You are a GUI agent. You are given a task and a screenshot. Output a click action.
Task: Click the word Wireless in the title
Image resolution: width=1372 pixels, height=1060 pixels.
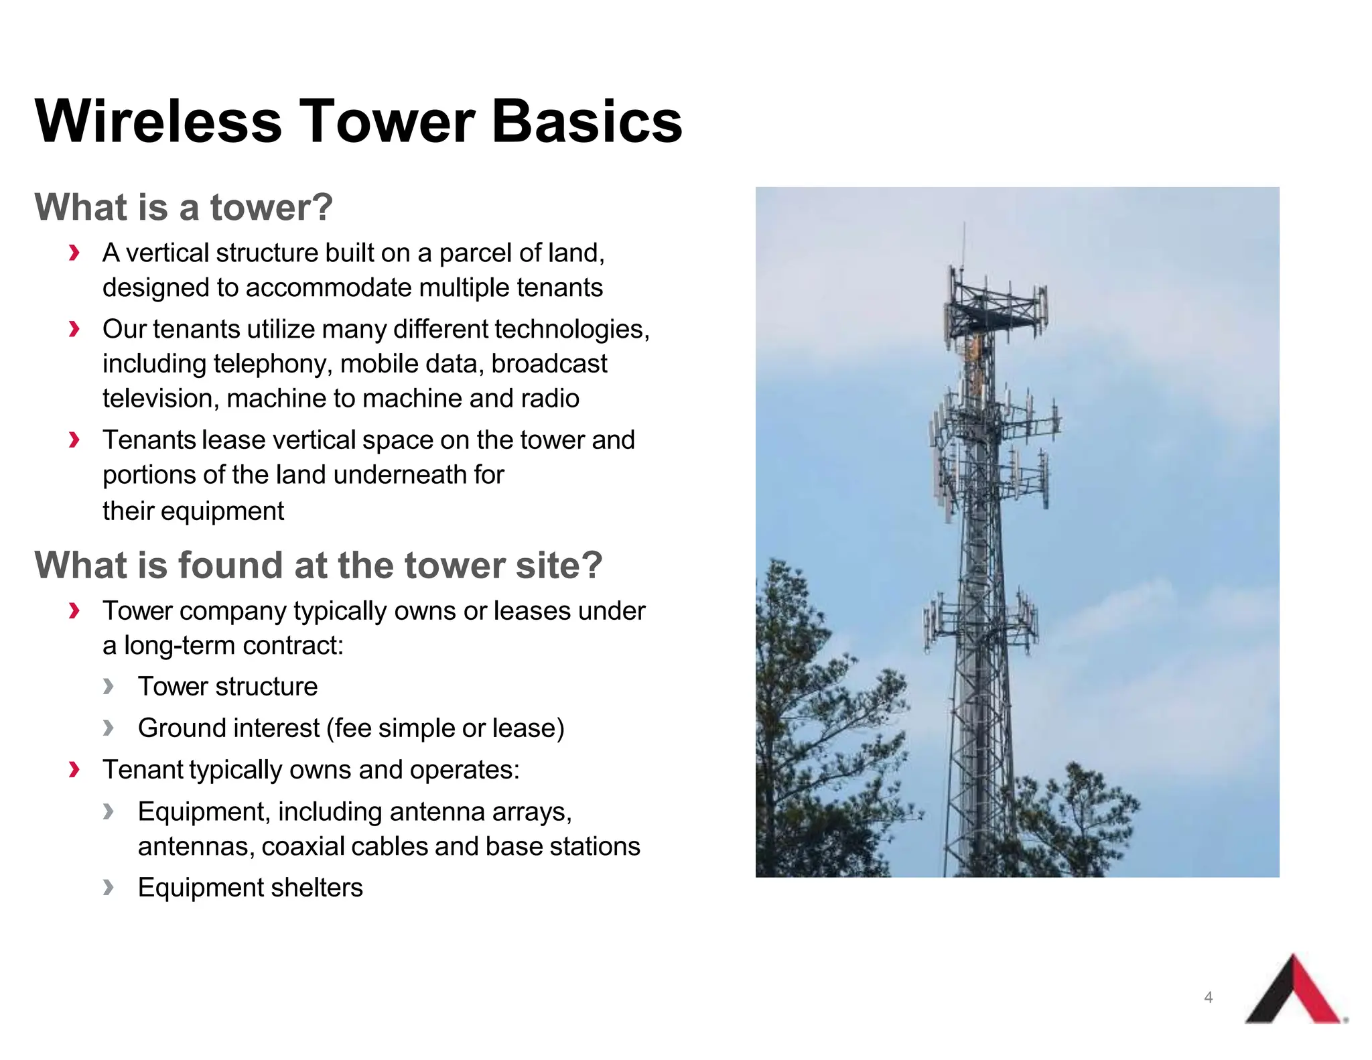pyautogui.click(x=158, y=121)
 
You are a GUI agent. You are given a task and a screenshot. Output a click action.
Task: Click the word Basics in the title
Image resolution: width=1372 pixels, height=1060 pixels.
pyautogui.click(x=587, y=121)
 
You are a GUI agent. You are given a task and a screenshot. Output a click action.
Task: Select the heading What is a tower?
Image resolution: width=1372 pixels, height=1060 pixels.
pyautogui.click(x=184, y=207)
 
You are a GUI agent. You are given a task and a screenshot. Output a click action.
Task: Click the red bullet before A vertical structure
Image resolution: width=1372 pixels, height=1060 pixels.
pyautogui.click(x=74, y=253)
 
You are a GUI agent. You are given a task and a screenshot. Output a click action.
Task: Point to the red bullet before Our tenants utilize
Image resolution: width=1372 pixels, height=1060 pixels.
pyautogui.click(x=74, y=329)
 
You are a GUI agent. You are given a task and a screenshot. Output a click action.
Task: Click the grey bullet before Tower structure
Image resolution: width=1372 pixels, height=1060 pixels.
pyautogui.click(x=109, y=686)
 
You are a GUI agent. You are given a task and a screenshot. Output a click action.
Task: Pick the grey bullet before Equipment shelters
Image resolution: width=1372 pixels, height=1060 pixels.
pyautogui.click(x=109, y=888)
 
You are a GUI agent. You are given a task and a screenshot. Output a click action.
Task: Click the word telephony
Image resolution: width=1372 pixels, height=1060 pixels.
pyautogui.click(x=273, y=364)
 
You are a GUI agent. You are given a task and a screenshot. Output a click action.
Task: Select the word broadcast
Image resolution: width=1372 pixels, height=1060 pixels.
pyautogui.click(x=549, y=364)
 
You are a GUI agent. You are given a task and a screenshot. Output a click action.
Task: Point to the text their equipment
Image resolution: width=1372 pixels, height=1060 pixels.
pyautogui.click(x=193, y=511)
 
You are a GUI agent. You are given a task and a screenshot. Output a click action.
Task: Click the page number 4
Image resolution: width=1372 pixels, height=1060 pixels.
pyautogui.click(x=1208, y=997)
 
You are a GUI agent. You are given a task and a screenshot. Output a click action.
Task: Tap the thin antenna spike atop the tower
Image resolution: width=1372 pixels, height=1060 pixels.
pyautogui.click(x=964, y=245)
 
